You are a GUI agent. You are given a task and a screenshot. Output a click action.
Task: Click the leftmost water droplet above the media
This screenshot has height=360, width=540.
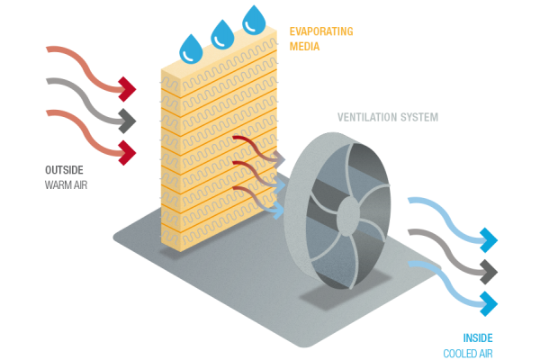[x=192, y=47]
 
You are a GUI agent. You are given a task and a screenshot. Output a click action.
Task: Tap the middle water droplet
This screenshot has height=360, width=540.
[x=221, y=36]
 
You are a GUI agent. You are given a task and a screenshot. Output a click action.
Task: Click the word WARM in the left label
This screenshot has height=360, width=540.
[x=56, y=185]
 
